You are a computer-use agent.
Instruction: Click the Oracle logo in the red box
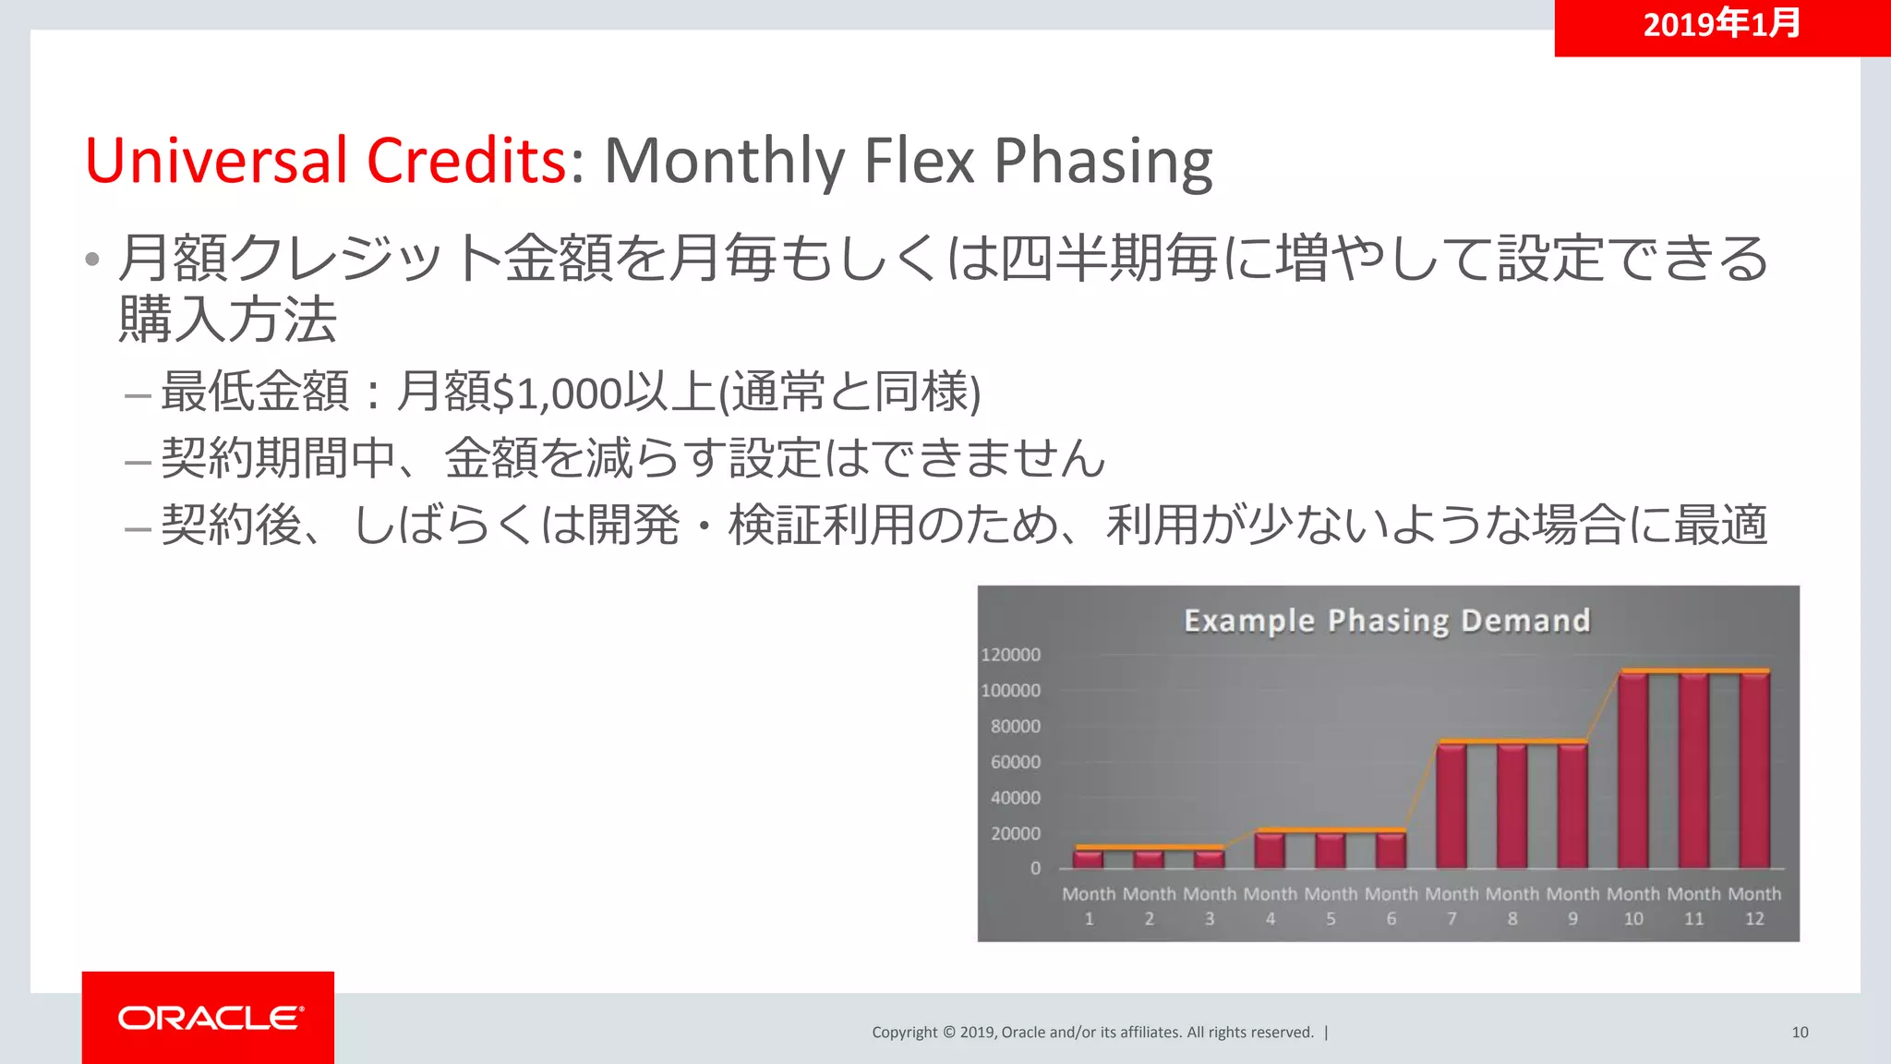tap(210, 1018)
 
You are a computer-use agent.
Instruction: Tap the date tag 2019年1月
tap(1721, 24)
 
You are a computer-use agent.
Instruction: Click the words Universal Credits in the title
tap(325, 161)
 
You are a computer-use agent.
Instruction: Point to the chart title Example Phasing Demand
tap(1387, 621)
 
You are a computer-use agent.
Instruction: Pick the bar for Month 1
tap(1089, 859)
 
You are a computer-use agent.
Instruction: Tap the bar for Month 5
tap(1331, 850)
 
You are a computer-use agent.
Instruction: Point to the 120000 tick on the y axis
tap(1010, 655)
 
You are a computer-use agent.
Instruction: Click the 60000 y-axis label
tap(1015, 762)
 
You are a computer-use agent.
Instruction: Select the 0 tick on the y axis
tap(1035, 869)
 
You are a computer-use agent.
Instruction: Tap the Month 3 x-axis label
tap(1210, 905)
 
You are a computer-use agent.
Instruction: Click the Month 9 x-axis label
tap(1572, 905)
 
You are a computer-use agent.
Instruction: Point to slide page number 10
tap(1800, 1033)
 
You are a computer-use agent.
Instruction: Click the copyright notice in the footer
tap(1092, 1033)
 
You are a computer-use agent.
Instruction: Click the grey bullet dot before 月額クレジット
tap(91, 260)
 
